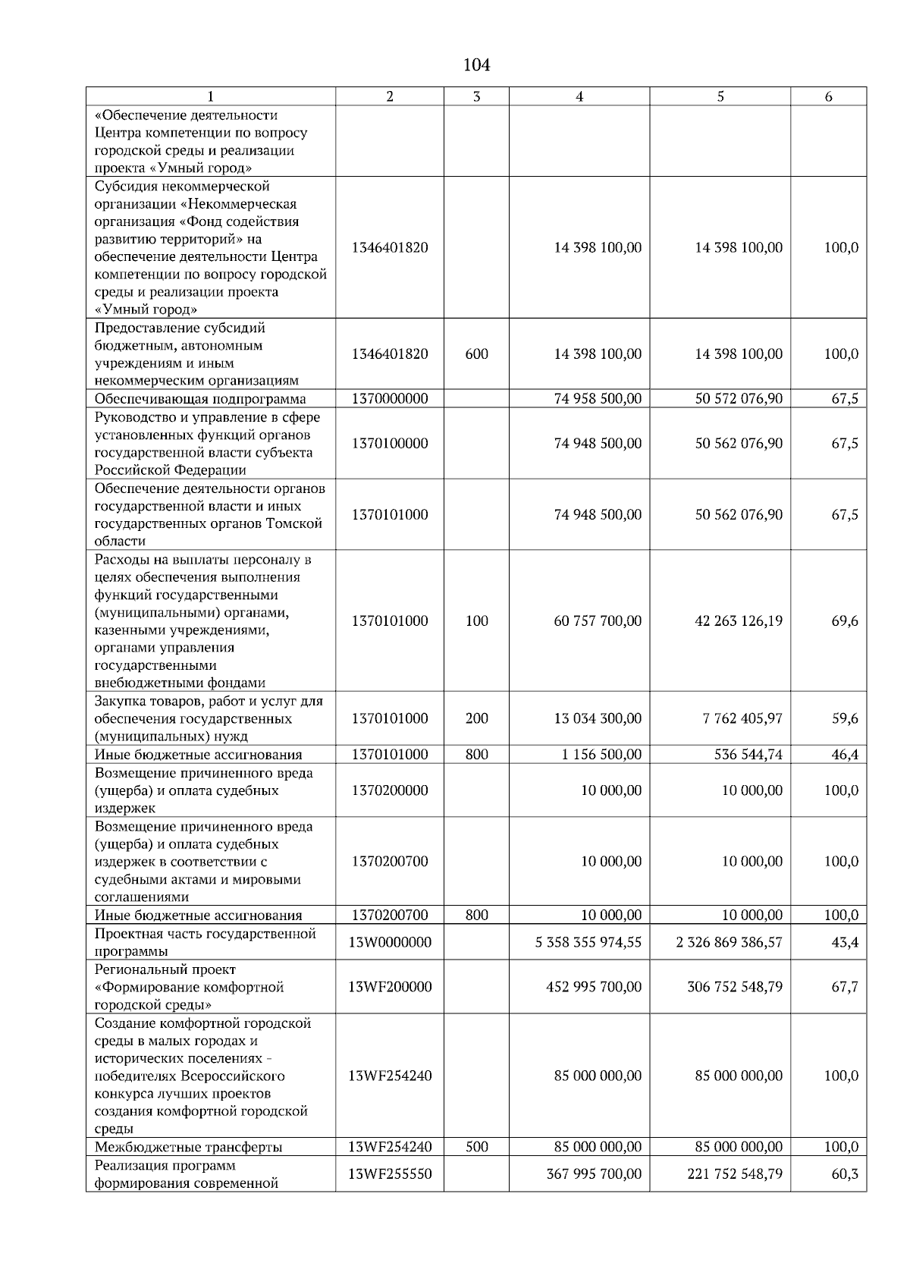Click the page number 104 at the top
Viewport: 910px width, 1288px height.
476,65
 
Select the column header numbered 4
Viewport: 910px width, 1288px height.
579,96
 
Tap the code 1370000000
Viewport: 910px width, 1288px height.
390,399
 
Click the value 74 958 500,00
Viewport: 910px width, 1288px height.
598,399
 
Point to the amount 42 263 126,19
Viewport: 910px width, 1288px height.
739,620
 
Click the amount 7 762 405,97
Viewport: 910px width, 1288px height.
742,718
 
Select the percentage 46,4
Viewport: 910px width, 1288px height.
845,755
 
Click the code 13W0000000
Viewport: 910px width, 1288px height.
390,942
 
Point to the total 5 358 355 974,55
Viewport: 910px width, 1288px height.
588,942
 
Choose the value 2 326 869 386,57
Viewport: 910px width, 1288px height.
730,942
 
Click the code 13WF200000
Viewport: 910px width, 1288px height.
390,987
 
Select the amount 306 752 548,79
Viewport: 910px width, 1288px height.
735,987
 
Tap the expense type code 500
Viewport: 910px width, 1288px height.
476,1147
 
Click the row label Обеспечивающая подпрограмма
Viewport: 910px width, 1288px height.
200,399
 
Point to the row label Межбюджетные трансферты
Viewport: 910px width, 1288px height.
188,1147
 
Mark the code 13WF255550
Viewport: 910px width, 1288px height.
390,1174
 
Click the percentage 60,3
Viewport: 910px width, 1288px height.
845,1174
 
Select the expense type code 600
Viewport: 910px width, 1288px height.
476,354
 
